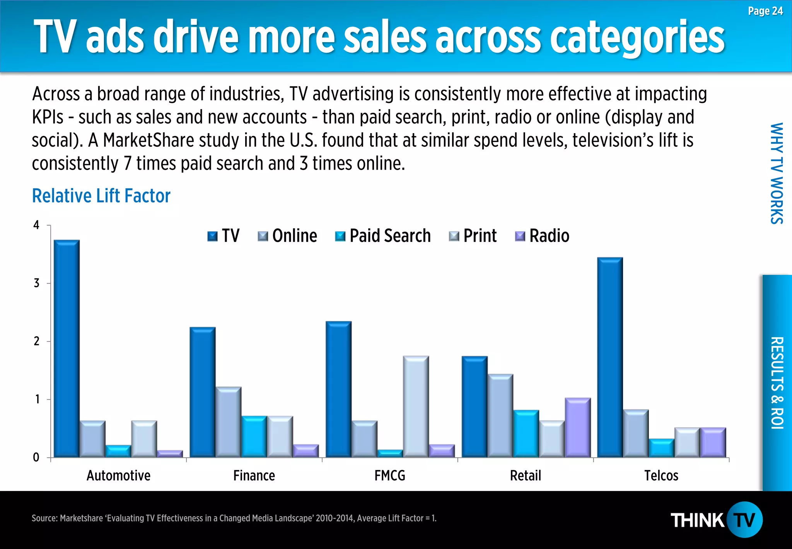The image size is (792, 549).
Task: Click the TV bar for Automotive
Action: point(67,348)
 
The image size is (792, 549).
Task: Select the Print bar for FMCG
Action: point(416,407)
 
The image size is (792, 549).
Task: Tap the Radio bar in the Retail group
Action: point(577,427)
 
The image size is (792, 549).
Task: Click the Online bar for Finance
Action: point(228,422)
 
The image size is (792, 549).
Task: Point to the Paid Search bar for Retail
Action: point(526,434)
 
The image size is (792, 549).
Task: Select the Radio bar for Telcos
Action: point(713,442)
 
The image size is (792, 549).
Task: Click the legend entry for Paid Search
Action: point(383,236)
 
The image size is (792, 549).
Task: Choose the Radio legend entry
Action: point(542,236)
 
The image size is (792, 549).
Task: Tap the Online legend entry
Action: point(288,236)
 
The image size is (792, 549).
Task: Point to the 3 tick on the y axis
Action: point(37,283)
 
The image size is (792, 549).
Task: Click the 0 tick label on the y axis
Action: point(36,458)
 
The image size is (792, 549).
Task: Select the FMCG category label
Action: point(389,475)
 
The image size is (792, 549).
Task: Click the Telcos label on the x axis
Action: point(661,475)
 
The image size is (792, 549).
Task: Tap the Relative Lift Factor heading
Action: point(101,196)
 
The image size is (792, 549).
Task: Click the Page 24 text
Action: point(765,11)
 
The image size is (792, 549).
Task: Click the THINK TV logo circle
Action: point(744,520)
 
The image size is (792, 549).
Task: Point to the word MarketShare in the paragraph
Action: point(148,140)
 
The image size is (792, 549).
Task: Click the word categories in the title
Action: point(637,37)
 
